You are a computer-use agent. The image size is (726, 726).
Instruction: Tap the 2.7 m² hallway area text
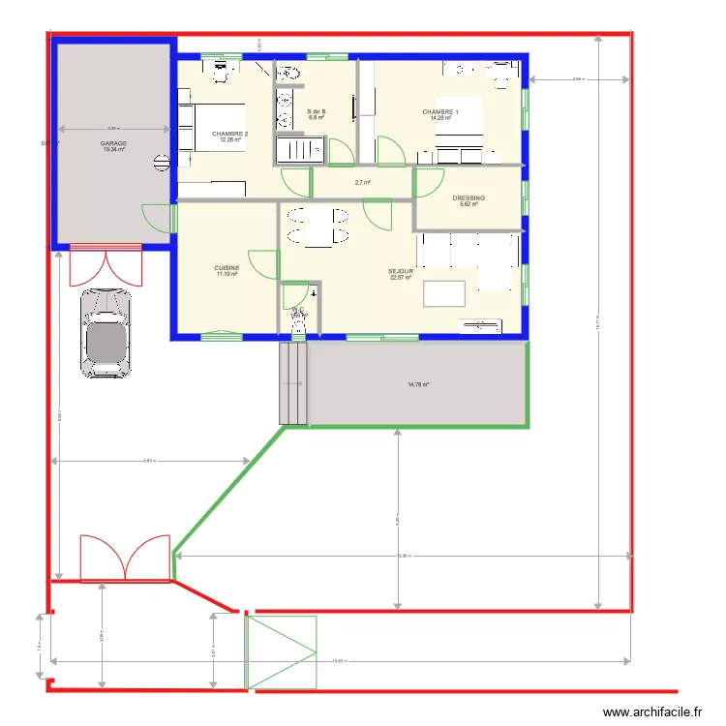[x=363, y=182]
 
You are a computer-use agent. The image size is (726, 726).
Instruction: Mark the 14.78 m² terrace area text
[x=418, y=384]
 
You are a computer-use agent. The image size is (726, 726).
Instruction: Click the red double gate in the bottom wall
[x=125, y=560]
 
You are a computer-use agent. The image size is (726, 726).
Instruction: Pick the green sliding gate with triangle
[x=282, y=653]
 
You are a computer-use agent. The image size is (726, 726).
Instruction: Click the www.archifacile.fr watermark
[x=651, y=712]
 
